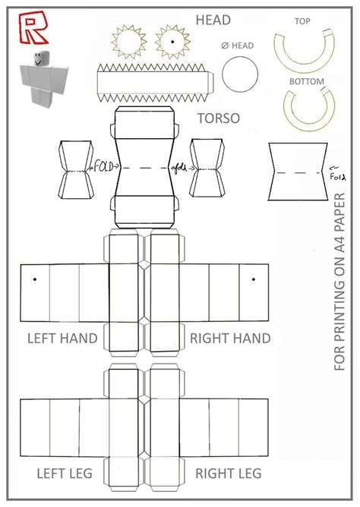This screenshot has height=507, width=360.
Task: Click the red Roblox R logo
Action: [33, 28]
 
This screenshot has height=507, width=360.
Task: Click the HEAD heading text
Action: [213, 20]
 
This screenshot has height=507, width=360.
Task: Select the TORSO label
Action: [219, 118]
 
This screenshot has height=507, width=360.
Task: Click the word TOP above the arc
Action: [302, 21]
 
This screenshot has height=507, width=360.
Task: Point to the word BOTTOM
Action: [307, 81]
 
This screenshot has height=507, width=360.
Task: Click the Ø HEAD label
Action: [238, 46]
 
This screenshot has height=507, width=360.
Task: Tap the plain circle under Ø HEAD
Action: [240, 74]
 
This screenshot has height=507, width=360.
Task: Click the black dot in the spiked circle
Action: [172, 42]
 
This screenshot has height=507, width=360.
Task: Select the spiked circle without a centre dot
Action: [128, 42]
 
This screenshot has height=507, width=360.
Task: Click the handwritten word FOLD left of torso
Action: [104, 167]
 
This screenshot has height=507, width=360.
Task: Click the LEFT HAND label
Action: [62, 339]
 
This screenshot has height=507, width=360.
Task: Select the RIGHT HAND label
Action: [230, 339]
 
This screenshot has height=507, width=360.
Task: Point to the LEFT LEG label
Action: [65, 474]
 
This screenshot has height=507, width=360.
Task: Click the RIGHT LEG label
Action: [229, 474]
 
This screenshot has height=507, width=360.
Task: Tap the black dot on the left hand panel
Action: [35, 279]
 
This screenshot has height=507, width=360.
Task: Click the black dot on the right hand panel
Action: [254, 279]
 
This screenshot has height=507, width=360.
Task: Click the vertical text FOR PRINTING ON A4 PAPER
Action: [339, 282]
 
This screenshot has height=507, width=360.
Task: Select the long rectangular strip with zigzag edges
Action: [155, 83]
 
